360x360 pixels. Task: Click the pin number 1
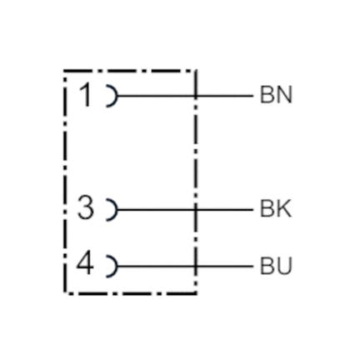point(86,96)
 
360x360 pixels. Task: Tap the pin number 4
point(85,264)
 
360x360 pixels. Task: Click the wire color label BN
point(276,95)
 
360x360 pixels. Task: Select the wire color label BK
point(276,208)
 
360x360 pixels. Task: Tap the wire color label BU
point(276,266)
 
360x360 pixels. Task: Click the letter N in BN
point(284,95)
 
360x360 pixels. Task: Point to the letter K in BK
point(284,208)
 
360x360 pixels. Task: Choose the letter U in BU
point(284,266)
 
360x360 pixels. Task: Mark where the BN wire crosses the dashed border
point(196,96)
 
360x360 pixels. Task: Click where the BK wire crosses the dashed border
point(196,210)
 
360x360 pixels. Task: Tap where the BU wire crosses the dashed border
point(196,267)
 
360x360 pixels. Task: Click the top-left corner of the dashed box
point(65,72)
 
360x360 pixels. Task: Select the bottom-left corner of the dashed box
point(65,293)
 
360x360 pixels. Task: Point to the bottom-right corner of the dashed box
point(196,293)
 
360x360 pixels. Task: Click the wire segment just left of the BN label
point(224,96)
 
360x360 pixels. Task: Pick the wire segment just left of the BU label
point(224,267)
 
